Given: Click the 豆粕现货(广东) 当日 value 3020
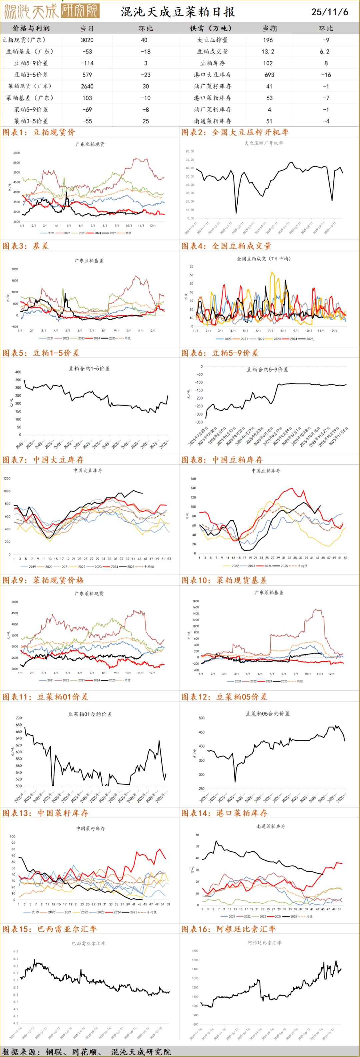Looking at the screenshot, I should point(87,40).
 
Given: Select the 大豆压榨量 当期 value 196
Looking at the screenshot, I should point(268,40).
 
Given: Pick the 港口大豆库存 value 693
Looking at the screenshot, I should point(268,75).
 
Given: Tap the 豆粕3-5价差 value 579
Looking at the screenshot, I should point(87,75).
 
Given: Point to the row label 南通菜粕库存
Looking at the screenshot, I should point(212,121).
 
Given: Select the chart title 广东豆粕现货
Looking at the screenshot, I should point(90,144).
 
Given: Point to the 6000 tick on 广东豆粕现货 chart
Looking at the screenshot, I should point(16,153).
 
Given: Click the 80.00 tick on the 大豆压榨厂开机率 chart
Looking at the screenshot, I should point(190,151).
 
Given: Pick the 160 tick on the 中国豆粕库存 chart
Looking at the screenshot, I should point(193,479).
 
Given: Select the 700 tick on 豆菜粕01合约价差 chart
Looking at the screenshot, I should point(18,718).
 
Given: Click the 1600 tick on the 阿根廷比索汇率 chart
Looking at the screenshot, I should point(195,951).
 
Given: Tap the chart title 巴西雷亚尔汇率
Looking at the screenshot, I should point(88,943).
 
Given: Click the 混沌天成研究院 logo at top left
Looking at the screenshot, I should point(51,11).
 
